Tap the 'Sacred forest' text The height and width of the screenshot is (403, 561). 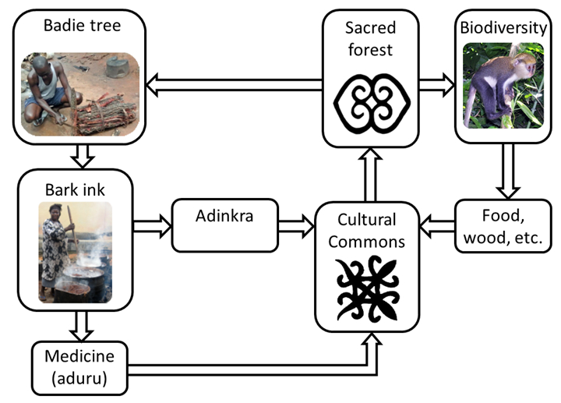pyautogui.click(x=370, y=38)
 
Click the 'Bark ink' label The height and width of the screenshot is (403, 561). pyautogui.click(x=76, y=186)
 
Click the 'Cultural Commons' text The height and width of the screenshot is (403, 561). pyautogui.click(x=366, y=230)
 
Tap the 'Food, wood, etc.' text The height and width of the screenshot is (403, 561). pyautogui.click(x=503, y=226)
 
